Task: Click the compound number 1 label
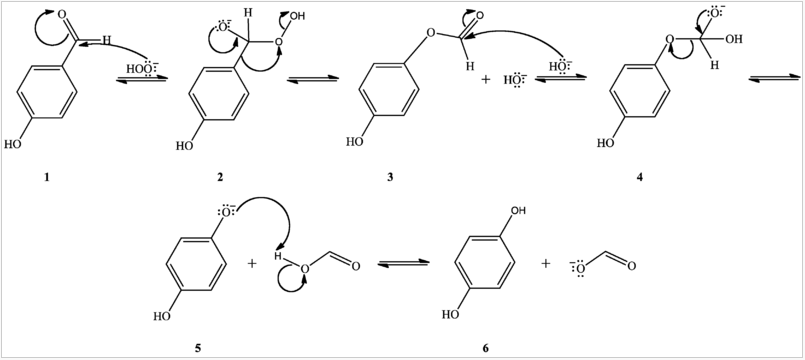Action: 45,177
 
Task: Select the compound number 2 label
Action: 220,177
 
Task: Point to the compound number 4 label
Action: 640,177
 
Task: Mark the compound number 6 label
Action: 486,347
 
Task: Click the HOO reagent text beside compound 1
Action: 139,69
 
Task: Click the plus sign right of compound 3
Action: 485,78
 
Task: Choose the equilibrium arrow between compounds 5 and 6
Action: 404,264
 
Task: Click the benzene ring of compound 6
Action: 486,262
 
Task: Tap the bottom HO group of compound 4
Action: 605,142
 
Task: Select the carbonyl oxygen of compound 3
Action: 478,16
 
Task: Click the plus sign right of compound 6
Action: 546,263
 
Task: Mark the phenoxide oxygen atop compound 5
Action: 226,212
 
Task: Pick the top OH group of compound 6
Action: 517,212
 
